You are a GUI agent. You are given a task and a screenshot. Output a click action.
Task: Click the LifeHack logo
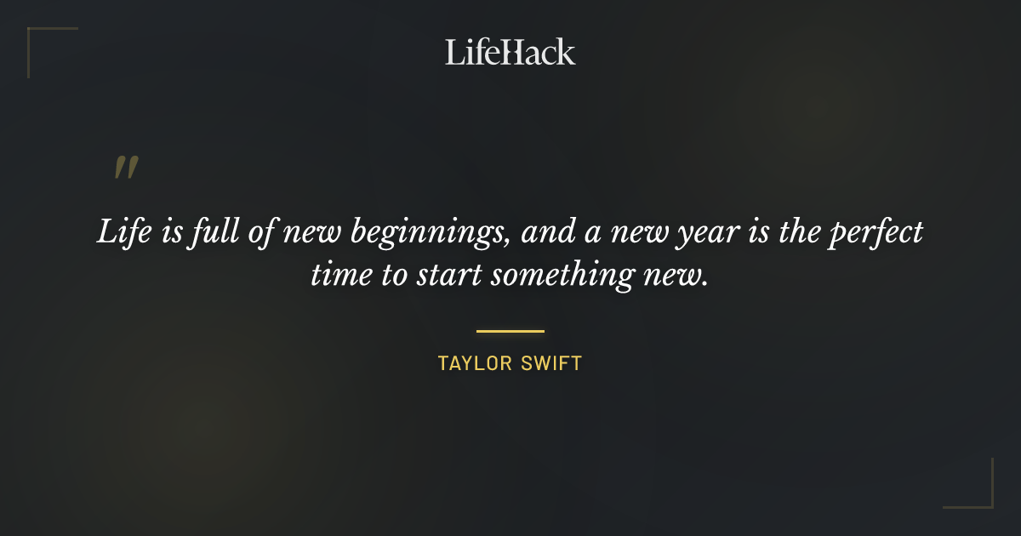point(510,52)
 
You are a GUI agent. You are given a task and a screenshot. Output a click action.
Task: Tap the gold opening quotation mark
point(126,168)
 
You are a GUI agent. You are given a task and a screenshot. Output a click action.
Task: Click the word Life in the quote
point(120,231)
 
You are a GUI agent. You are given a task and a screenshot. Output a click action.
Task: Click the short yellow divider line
point(510,331)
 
